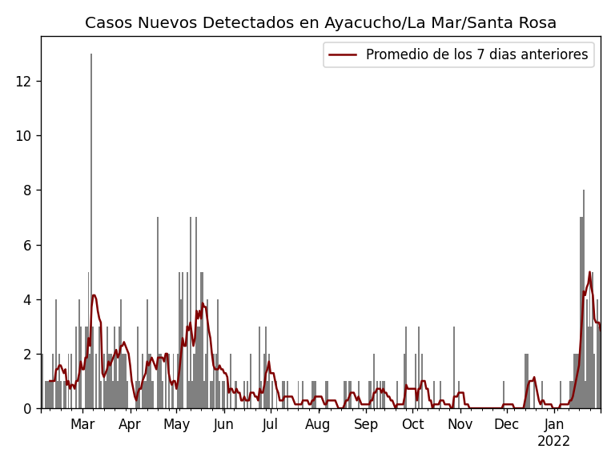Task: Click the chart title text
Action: [x=320, y=23]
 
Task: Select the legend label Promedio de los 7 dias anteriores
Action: [x=476, y=55]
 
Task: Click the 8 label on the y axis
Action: [x=28, y=190]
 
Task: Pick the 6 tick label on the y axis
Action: [x=28, y=245]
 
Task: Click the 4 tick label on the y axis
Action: [x=28, y=299]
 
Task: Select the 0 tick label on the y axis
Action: [x=28, y=408]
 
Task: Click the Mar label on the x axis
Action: [x=82, y=425]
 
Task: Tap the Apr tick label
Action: [x=130, y=425]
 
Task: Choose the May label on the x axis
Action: [x=176, y=425]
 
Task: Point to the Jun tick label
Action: [x=223, y=425]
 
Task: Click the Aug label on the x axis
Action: [x=318, y=425]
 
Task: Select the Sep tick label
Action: [x=366, y=425]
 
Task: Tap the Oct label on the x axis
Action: [x=412, y=425]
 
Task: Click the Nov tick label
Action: [x=460, y=425]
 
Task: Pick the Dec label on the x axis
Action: [x=506, y=425]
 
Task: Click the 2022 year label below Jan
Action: [x=553, y=442]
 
